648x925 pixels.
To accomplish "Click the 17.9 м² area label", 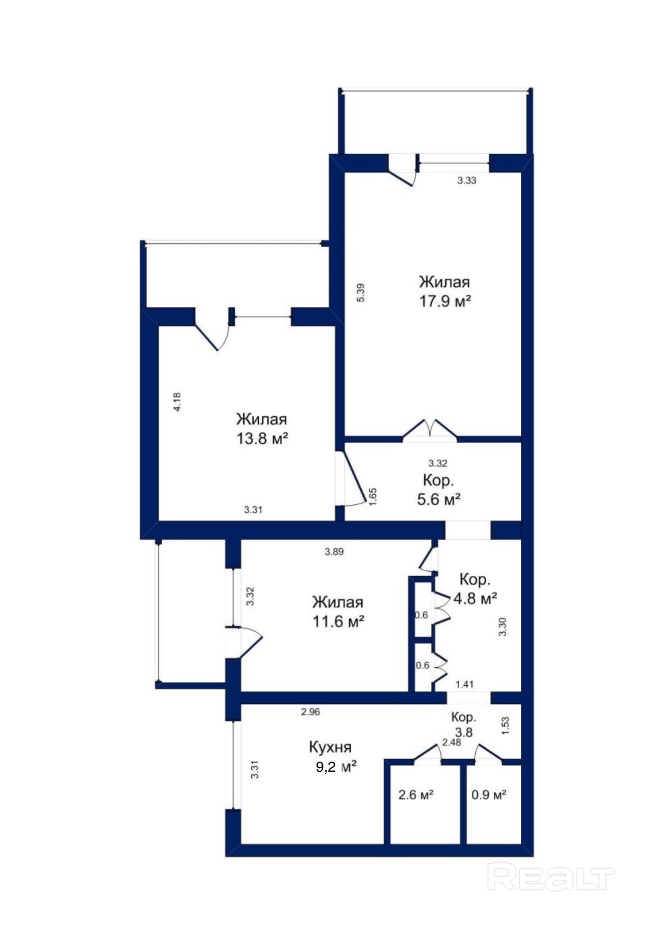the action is click(445, 301).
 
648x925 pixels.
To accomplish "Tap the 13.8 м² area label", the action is click(262, 439).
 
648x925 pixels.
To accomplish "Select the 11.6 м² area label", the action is click(338, 622).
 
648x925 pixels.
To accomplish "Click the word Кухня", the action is click(330, 747).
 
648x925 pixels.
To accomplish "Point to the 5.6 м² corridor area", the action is click(439, 499).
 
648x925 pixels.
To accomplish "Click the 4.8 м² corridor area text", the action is click(475, 598).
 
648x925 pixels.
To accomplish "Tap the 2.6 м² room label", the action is click(416, 795).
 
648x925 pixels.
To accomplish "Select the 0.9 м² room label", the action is click(489, 795).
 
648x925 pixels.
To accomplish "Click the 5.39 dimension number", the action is click(360, 293).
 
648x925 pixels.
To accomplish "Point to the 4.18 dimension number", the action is click(177, 402).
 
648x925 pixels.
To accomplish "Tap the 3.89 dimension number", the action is click(334, 552).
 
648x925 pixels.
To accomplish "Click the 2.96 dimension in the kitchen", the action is click(310, 711).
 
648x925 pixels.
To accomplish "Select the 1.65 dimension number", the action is click(373, 496).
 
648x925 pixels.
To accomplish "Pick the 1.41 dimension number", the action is click(464, 684).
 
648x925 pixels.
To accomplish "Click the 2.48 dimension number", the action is click(451, 742).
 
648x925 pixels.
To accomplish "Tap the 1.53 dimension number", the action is click(505, 726).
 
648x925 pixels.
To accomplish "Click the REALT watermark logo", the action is click(551, 877).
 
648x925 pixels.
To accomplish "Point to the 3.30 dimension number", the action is click(502, 627).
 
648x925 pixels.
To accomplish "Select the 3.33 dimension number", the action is click(467, 180).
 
